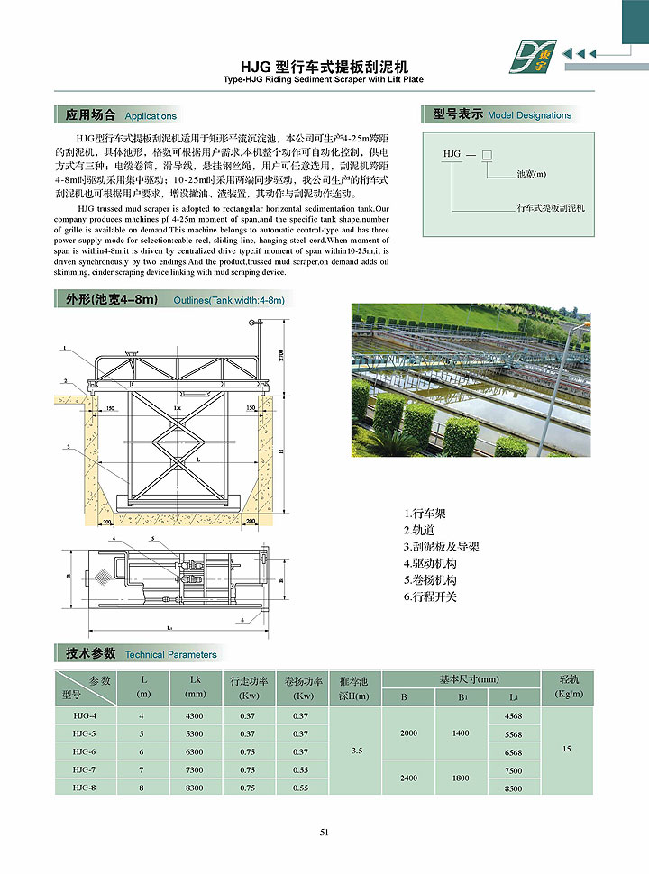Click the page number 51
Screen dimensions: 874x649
(324, 832)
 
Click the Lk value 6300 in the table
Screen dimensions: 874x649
(194, 752)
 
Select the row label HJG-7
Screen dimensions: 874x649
(85, 770)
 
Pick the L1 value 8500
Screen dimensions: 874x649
(514, 788)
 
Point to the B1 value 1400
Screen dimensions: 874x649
(461, 733)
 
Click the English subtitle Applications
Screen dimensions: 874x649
(151, 116)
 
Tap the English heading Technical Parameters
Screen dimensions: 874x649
(170, 654)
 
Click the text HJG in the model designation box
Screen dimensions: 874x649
(452, 155)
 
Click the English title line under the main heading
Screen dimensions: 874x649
(324, 80)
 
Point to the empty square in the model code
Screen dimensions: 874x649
(486, 155)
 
